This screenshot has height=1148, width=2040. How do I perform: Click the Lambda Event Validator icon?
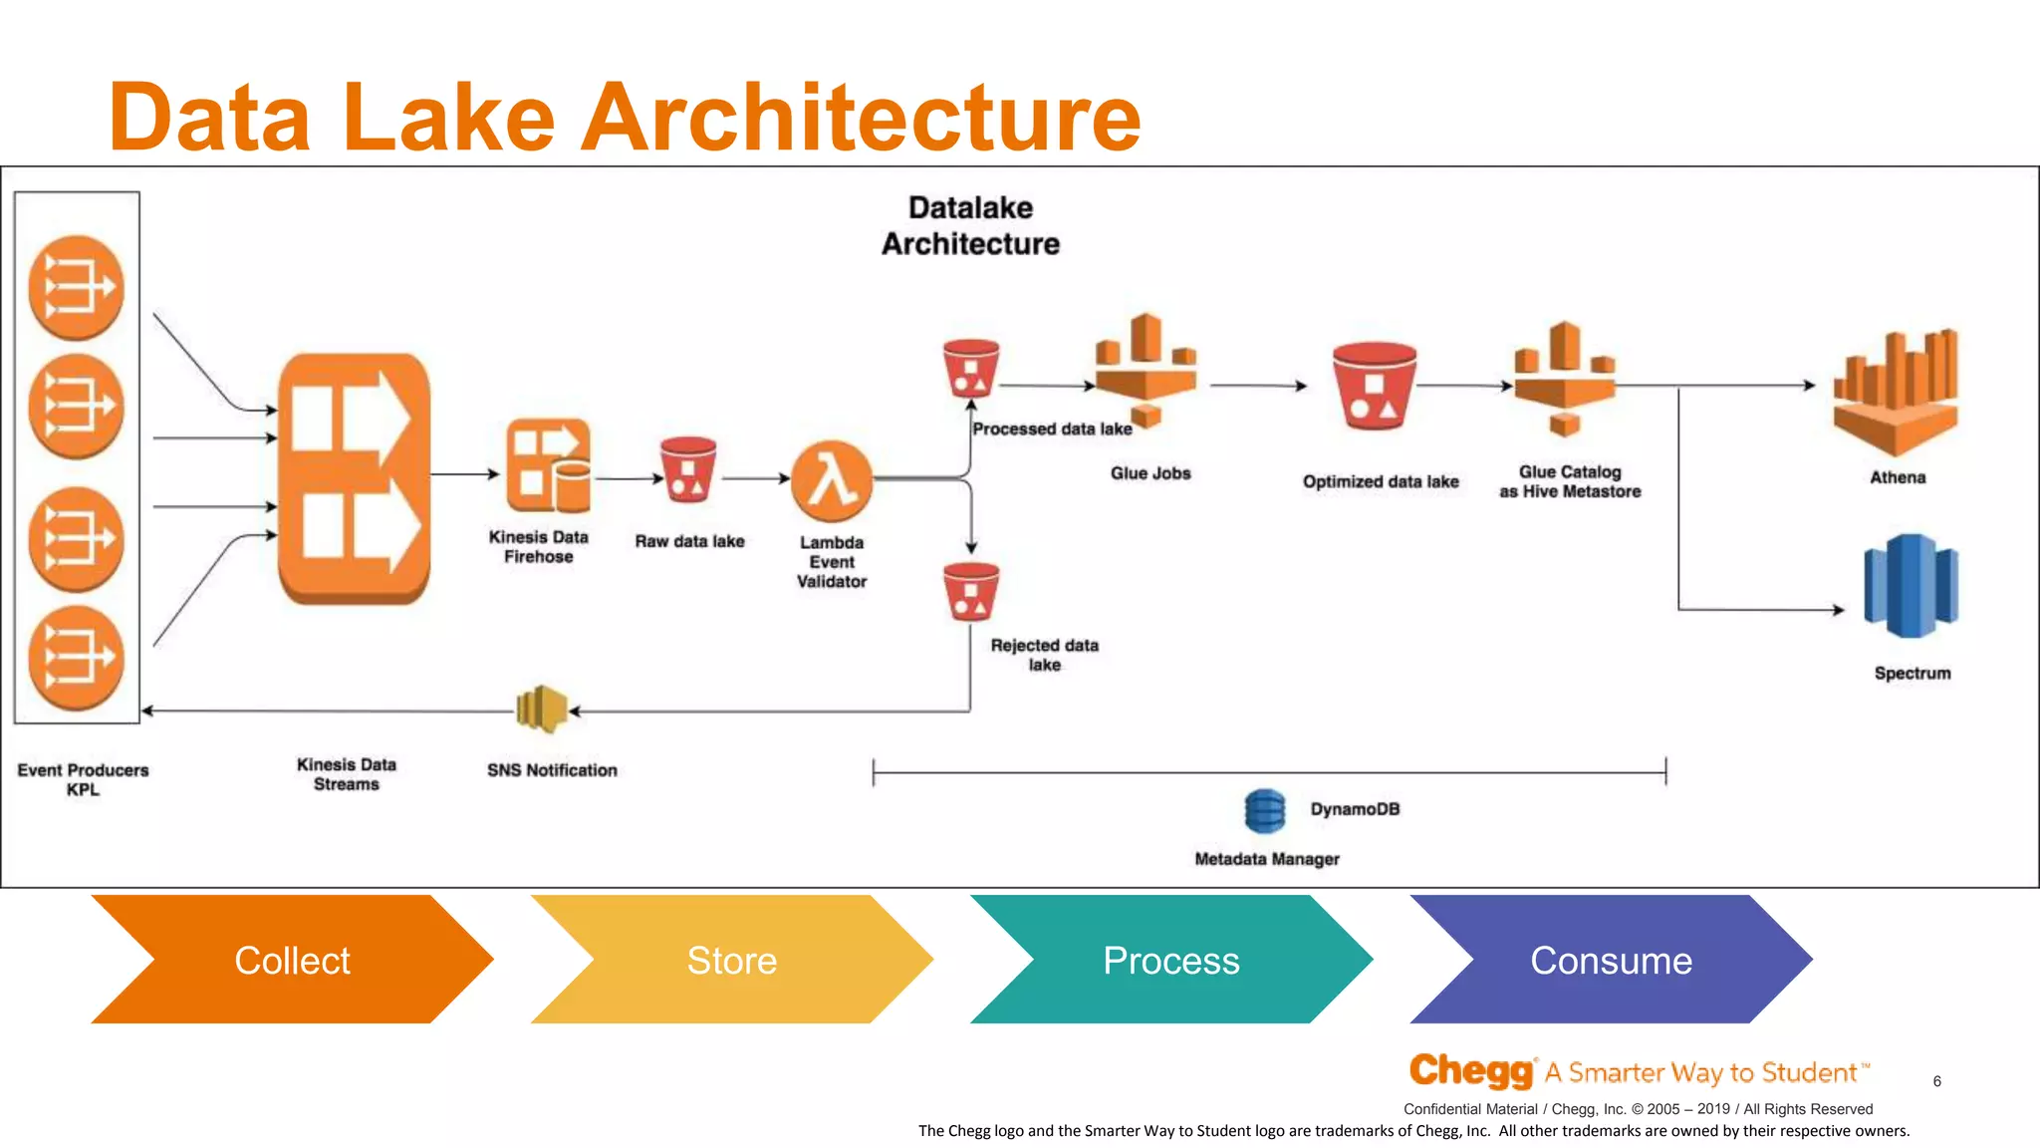832,481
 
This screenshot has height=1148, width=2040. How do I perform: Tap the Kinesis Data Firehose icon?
548,465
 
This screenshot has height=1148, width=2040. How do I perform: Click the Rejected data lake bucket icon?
971,592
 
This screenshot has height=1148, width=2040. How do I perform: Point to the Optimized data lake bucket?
1375,386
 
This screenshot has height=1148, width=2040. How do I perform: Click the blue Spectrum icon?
1911,586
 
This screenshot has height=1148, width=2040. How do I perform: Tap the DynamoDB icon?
1265,810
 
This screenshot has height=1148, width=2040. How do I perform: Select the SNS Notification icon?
541,710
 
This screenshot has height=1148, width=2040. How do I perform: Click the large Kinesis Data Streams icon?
354,478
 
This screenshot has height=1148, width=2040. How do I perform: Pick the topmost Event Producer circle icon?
77,288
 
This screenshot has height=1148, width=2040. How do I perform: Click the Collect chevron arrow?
292,960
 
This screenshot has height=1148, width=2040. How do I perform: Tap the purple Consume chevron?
1611,960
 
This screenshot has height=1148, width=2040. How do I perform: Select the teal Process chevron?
1170,960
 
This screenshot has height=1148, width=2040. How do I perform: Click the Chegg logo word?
1471,1071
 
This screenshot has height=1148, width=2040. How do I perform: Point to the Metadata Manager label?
1266,859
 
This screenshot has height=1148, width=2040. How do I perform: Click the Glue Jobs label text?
1150,473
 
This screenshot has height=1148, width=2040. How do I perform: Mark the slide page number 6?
1936,1081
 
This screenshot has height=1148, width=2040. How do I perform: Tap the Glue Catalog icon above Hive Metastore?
1565,379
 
